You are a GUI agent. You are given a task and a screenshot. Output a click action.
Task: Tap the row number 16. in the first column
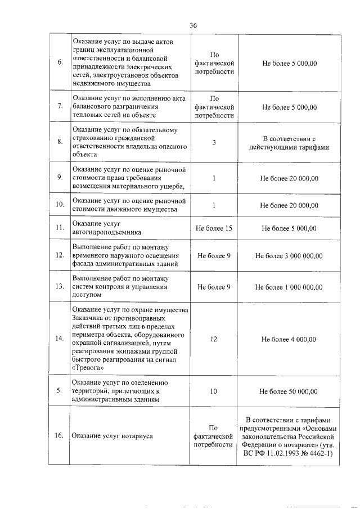pos(59,436)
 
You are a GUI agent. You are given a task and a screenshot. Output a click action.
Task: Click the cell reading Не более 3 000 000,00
pos(289,255)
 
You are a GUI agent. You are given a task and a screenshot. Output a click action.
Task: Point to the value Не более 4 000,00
pos(289,339)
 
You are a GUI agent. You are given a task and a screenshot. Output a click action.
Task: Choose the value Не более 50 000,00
pos(289,391)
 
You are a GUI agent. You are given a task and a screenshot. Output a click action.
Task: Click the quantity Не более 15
pos(214,228)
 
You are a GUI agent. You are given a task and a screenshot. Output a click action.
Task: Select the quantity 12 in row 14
pos(214,339)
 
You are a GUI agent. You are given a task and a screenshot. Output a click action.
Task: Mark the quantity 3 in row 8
pos(214,142)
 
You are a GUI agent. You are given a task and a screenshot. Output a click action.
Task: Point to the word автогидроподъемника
pos(107,232)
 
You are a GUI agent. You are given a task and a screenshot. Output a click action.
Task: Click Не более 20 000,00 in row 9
pos(289,178)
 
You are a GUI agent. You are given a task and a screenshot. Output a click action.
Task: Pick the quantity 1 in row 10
pos(214,205)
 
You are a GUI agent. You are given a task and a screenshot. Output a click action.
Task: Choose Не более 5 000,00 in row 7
pos(289,106)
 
